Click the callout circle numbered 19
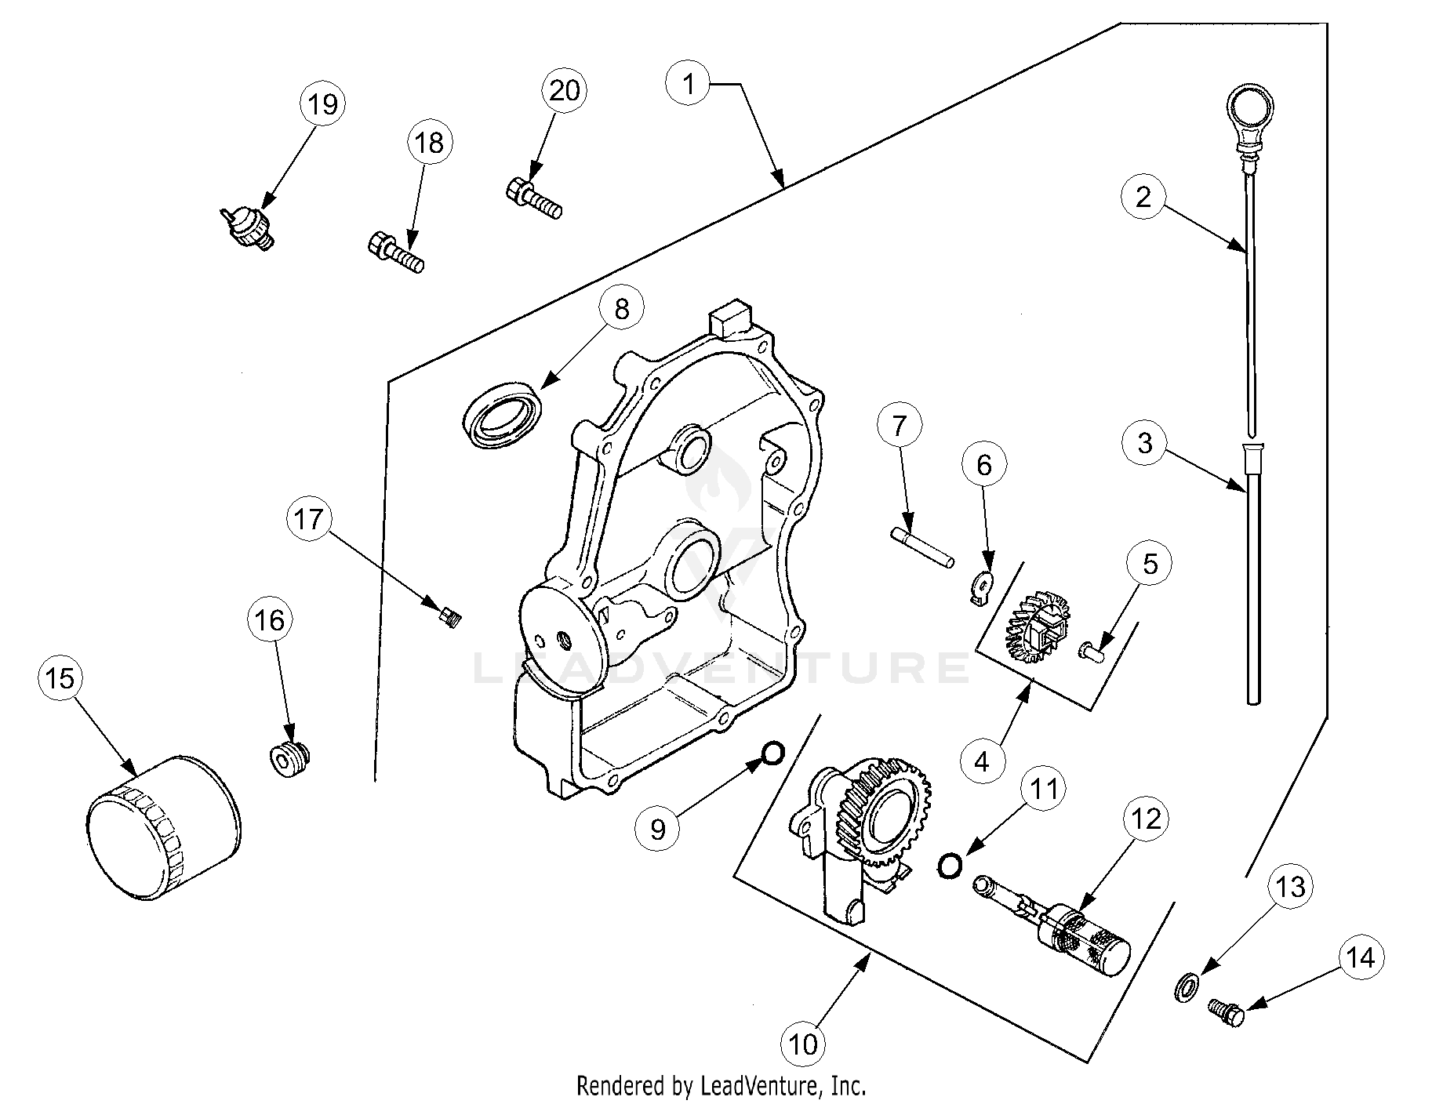[x=322, y=103]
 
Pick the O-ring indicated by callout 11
[x=949, y=865]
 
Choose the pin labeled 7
[x=922, y=547]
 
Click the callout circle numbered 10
[x=804, y=1044]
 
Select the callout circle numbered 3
[x=1144, y=442]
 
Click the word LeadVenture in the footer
[x=761, y=1086]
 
